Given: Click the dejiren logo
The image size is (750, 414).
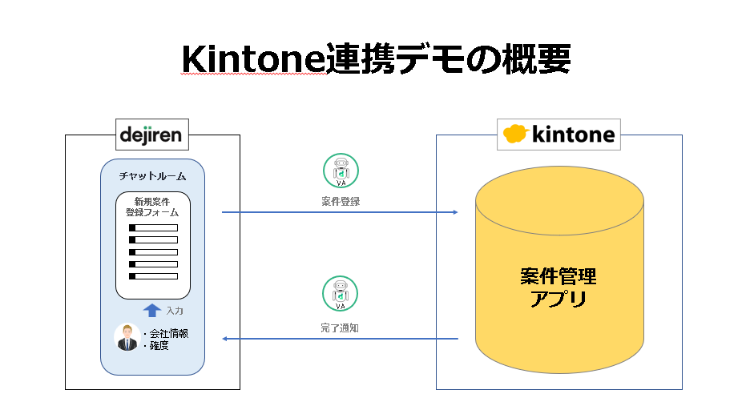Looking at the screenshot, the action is (151, 135).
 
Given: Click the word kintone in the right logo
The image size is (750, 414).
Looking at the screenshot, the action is (573, 135).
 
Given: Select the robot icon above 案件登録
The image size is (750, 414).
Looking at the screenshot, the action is (341, 171).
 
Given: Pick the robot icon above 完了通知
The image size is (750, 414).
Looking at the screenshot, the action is (340, 294).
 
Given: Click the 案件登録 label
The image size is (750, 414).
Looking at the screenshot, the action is (341, 202).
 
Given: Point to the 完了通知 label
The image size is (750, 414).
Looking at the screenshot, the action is (340, 328).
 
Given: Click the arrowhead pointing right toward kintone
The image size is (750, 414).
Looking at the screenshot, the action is (456, 212).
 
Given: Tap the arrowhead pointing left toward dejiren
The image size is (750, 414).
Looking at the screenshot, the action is (225, 339).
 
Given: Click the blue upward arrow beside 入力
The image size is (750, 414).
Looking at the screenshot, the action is (152, 310).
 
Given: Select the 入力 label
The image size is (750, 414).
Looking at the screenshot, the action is (175, 311).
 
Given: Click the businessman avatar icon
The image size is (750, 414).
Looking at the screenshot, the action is (127, 337).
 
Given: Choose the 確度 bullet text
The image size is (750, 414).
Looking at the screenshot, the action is (156, 345).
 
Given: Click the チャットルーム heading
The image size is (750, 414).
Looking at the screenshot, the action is (152, 176).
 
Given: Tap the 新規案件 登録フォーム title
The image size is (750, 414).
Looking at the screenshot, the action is (152, 207).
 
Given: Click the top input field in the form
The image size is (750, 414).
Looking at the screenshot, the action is (154, 228).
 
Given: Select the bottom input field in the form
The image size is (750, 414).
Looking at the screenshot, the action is (154, 276).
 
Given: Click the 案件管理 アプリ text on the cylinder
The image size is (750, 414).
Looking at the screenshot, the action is (558, 287).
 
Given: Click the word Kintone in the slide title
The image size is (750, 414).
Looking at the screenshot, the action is (253, 58).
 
